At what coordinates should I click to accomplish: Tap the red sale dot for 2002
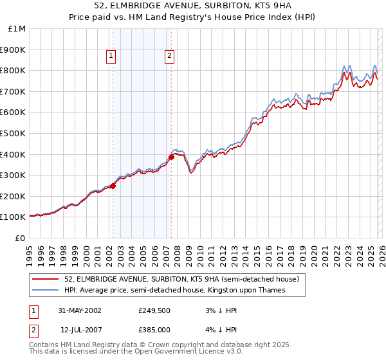pyautogui.click(x=113, y=186)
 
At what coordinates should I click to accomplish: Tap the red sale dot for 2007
pyautogui.click(x=172, y=157)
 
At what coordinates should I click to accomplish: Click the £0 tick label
pyautogui.click(x=20, y=238)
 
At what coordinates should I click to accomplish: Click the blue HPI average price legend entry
pyautogui.click(x=174, y=291)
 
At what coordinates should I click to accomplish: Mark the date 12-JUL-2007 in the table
pyautogui.click(x=79, y=329)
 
